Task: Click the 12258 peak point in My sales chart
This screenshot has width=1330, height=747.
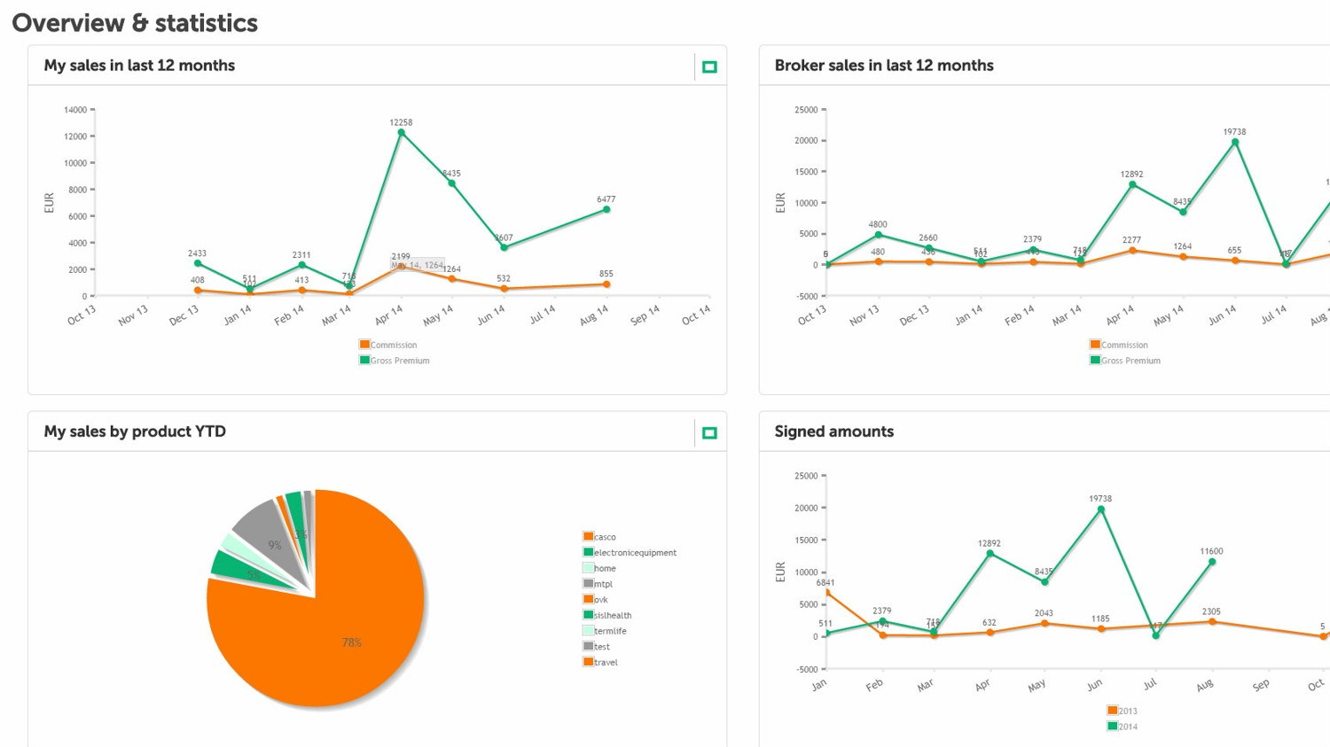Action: [x=402, y=133]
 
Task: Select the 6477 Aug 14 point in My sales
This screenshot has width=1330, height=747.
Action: [x=606, y=210]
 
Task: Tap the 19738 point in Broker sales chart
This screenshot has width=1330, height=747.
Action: [x=1235, y=143]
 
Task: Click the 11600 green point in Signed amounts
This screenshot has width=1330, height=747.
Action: [x=1212, y=562]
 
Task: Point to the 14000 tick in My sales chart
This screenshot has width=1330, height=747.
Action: [x=76, y=110]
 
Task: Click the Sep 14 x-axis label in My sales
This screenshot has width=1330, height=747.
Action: [x=645, y=315]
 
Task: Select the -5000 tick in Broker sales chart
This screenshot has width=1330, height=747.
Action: [x=806, y=296]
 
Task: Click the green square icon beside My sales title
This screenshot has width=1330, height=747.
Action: [x=709, y=67]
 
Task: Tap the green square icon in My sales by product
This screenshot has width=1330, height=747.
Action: [x=709, y=433]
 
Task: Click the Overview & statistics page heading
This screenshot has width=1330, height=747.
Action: [x=135, y=23]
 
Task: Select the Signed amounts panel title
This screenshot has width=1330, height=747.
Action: [x=833, y=432]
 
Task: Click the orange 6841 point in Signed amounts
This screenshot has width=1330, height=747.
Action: [x=827, y=592]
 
